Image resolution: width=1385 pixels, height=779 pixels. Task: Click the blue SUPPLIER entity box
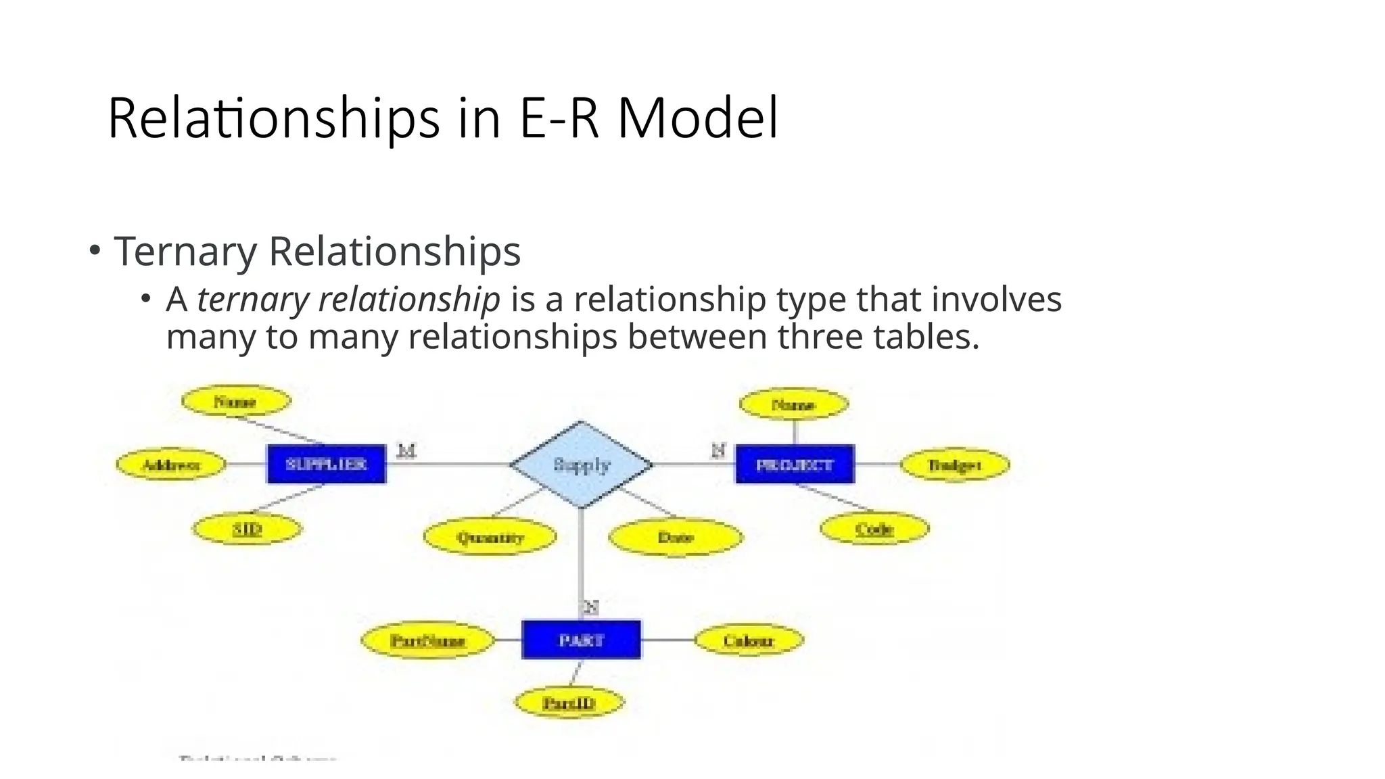coord(327,464)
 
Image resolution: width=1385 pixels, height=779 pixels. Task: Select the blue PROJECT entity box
coord(795,465)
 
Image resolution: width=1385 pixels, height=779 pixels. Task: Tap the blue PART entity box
coord(581,640)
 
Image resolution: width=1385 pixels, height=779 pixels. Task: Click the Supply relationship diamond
coord(582,465)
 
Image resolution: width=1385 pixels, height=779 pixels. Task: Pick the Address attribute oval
coord(171,465)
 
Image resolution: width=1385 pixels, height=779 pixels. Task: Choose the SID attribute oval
coord(248,529)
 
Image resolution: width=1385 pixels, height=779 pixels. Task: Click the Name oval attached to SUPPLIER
coord(235,402)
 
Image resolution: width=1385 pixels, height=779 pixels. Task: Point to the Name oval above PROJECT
coord(793,405)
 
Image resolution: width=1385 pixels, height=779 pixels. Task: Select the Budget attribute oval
coord(955,465)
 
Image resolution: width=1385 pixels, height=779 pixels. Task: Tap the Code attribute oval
coord(874,529)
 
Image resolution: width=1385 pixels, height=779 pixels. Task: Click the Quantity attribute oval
coord(490,538)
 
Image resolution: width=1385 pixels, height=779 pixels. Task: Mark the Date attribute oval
coord(676,538)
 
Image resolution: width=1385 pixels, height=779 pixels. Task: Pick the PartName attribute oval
coord(428,640)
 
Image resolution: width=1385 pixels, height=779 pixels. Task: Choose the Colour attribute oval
coord(749,640)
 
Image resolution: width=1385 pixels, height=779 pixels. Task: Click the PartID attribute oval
coord(569,703)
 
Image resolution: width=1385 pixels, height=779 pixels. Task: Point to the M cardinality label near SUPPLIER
coord(406,450)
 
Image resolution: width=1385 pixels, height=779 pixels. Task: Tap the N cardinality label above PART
coord(591,607)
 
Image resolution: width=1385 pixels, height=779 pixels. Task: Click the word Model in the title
coord(698,118)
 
